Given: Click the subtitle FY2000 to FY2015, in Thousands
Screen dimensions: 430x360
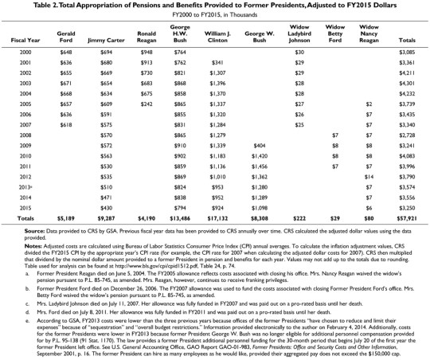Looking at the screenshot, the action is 214,15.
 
